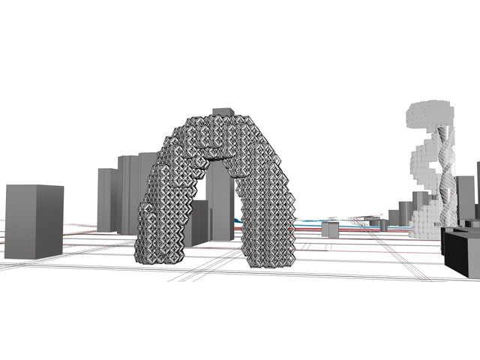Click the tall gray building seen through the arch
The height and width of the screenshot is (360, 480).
point(220,199)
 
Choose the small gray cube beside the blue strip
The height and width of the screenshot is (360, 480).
point(329,229)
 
